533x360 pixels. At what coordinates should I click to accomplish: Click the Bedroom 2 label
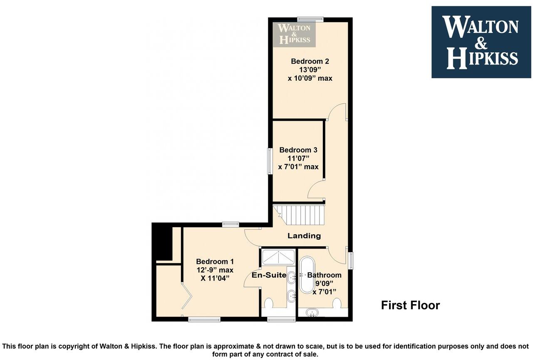click(310, 61)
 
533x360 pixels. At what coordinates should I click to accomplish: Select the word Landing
click(304, 236)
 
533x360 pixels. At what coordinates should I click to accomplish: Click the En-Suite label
click(269, 275)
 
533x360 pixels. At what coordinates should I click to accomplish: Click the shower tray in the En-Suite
click(278, 257)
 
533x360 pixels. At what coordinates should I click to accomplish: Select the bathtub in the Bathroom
click(307, 275)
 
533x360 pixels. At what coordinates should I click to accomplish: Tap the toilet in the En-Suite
click(269, 303)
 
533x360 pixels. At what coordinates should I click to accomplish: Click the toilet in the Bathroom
click(337, 303)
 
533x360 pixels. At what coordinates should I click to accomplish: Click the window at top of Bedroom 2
click(310, 18)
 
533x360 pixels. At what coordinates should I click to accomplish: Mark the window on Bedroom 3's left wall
click(270, 161)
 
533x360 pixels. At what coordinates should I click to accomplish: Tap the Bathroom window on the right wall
click(351, 261)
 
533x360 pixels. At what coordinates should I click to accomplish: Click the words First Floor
click(410, 305)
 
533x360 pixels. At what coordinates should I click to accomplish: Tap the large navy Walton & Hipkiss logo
click(481, 42)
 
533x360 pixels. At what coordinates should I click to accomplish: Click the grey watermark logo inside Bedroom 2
click(294, 34)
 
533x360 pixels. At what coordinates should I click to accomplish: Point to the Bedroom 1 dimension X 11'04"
click(215, 278)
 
